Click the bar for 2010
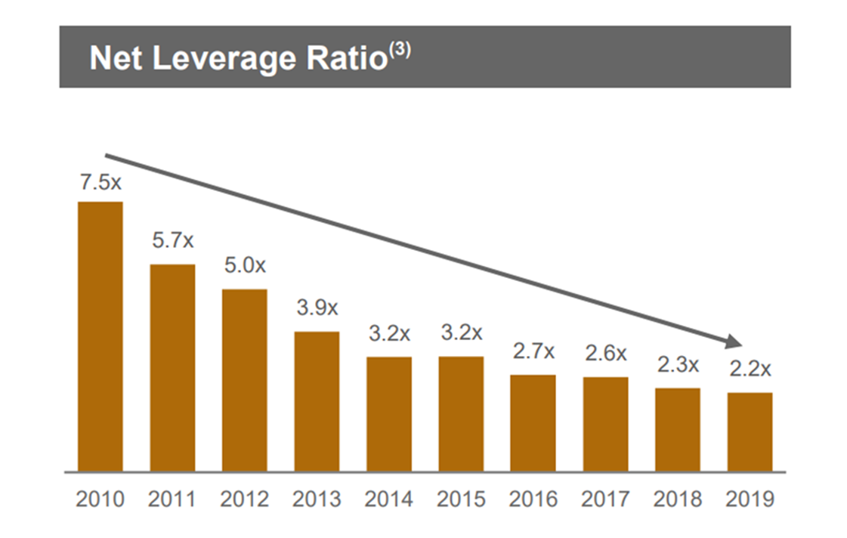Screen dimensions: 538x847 [100, 336]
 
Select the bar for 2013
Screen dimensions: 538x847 [317, 401]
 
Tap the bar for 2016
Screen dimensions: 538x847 [533, 423]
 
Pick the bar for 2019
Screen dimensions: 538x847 [750, 432]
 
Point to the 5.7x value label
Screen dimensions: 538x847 [172, 241]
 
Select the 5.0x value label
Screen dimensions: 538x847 [245, 266]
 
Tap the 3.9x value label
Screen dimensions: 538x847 [317, 308]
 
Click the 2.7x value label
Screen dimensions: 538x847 [533, 351]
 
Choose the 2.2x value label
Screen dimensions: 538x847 [750, 369]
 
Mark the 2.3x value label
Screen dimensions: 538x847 [677, 365]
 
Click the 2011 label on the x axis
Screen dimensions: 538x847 [172, 499]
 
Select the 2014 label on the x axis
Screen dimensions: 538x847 [388, 499]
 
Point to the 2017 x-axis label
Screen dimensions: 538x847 [605, 499]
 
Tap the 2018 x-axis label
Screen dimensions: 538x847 [677, 499]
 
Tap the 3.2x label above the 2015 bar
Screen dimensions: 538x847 [461, 333]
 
